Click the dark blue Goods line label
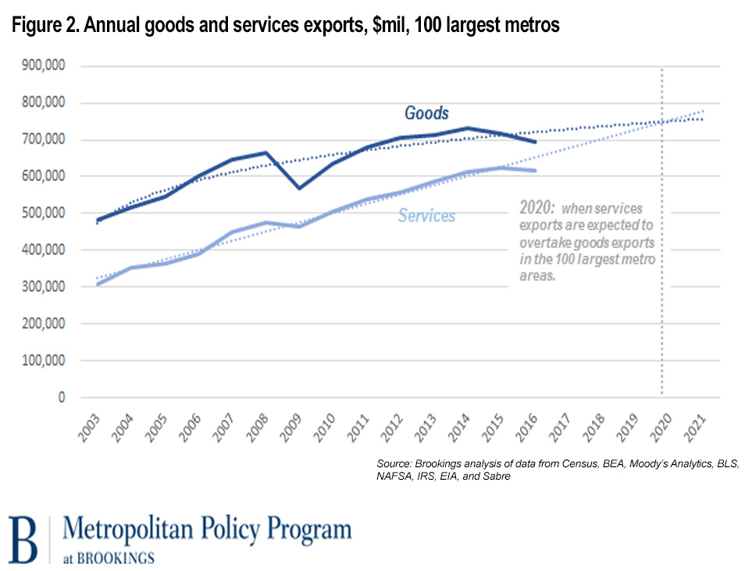[x=426, y=113]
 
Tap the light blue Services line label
[x=426, y=216]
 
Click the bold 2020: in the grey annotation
[x=536, y=208]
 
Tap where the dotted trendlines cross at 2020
[x=662, y=122]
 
